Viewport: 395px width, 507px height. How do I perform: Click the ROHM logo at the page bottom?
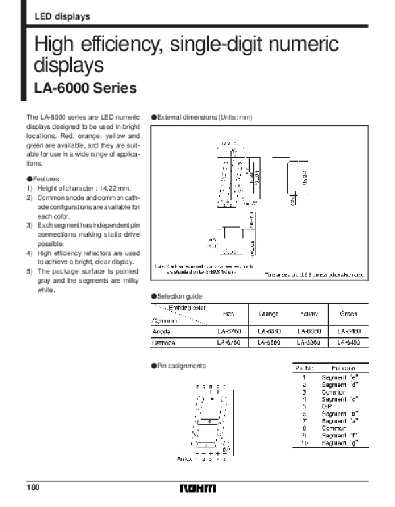coord(201,489)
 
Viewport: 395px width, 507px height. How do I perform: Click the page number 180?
coord(32,488)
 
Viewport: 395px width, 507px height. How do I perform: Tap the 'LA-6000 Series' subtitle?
coord(85,88)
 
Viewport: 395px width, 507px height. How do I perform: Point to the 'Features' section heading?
coord(45,179)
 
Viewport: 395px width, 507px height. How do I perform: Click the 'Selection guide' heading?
coord(178,296)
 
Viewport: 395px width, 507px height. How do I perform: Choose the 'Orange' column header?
coord(269,314)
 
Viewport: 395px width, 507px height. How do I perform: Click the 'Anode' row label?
coord(162,332)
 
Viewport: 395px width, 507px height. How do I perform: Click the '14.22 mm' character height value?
coord(100,189)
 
